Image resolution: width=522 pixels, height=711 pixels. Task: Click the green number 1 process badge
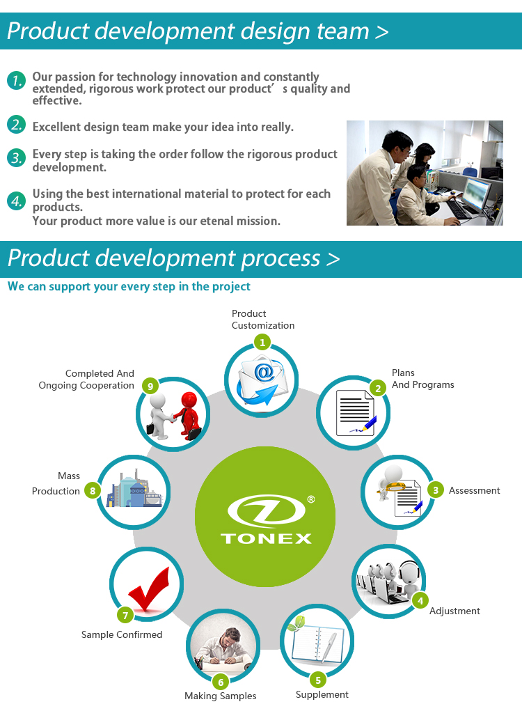click(262, 343)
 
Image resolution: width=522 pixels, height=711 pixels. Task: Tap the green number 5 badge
click(318, 680)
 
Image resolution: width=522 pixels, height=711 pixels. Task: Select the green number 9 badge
click(150, 386)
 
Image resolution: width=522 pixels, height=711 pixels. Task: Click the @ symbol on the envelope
click(264, 373)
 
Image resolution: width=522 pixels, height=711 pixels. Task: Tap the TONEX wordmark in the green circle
click(266, 538)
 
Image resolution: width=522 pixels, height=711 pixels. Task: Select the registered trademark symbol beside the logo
click(311, 499)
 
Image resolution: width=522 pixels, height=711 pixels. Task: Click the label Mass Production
click(56, 483)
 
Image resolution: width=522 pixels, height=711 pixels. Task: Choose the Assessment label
click(475, 490)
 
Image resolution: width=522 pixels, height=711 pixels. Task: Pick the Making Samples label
click(220, 696)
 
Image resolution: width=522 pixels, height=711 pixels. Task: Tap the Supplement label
click(322, 695)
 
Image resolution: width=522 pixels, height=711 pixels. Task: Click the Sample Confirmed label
click(121, 634)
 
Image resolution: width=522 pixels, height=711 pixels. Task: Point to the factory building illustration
click(134, 489)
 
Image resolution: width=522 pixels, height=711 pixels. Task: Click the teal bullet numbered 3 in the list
click(16, 157)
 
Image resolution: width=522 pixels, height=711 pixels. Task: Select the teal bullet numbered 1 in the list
click(16, 80)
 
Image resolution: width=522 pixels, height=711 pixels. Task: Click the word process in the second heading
click(280, 258)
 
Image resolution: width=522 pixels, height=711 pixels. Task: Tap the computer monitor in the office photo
click(477, 192)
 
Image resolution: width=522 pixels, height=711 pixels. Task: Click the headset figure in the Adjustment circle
click(409, 578)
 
